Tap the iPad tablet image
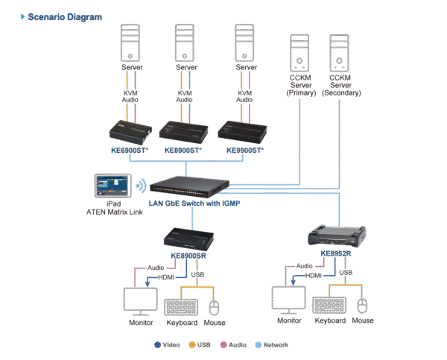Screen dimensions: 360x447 [112, 186]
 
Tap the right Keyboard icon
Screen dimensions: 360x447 [330, 305]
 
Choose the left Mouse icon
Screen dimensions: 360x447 [215, 306]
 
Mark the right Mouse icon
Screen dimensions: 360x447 [363, 306]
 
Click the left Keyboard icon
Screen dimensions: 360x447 [180, 306]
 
